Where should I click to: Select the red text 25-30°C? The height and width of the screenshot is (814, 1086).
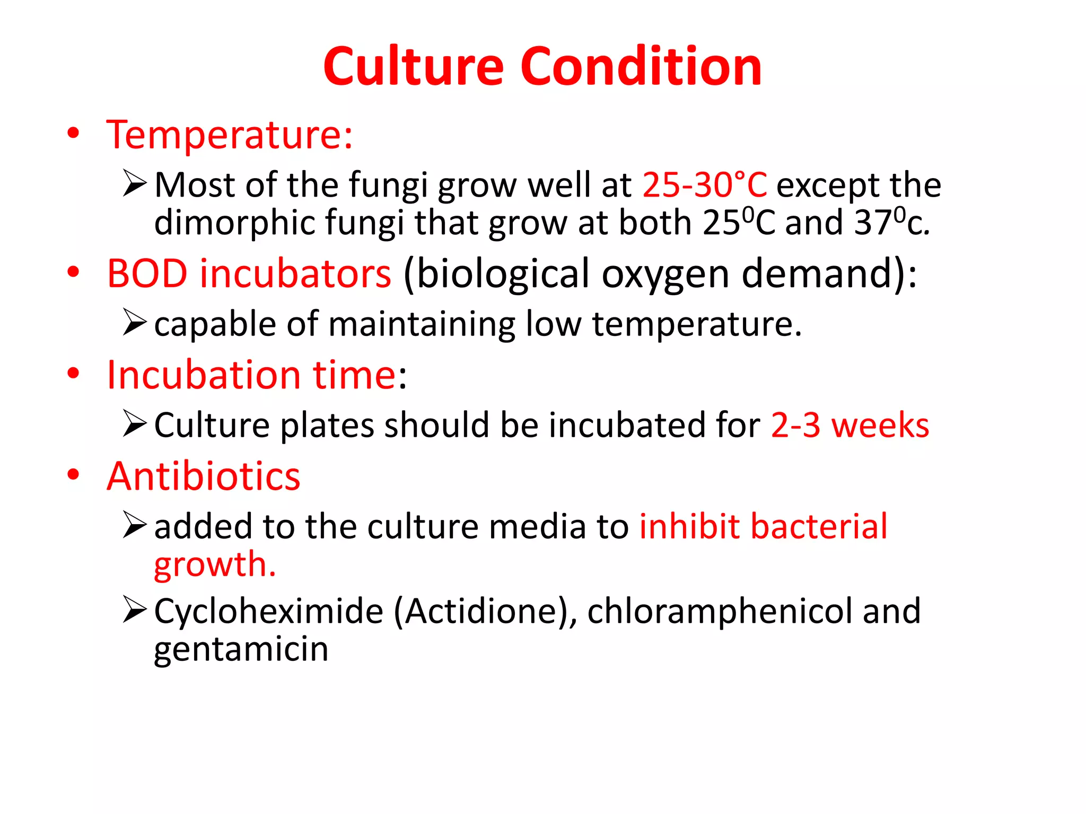tap(705, 185)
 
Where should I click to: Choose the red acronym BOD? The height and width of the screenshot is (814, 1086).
tap(147, 273)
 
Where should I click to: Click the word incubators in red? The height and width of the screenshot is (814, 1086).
tap(295, 273)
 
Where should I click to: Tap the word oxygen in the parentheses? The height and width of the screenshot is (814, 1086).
tap(665, 275)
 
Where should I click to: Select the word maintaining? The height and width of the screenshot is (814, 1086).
tap(422, 324)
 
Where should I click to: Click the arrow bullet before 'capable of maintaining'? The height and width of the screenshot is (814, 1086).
tap(134, 322)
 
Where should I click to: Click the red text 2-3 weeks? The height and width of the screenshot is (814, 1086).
tap(849, 425)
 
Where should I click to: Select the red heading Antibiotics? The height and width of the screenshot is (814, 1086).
tap(204, 476)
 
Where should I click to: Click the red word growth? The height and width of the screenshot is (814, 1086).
tap(215, 564)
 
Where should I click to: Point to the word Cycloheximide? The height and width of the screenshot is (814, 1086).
tap(269, 611)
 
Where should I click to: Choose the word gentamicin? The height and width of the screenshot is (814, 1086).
tap(241, 649)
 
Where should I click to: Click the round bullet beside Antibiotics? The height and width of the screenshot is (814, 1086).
tap(73, 474)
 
